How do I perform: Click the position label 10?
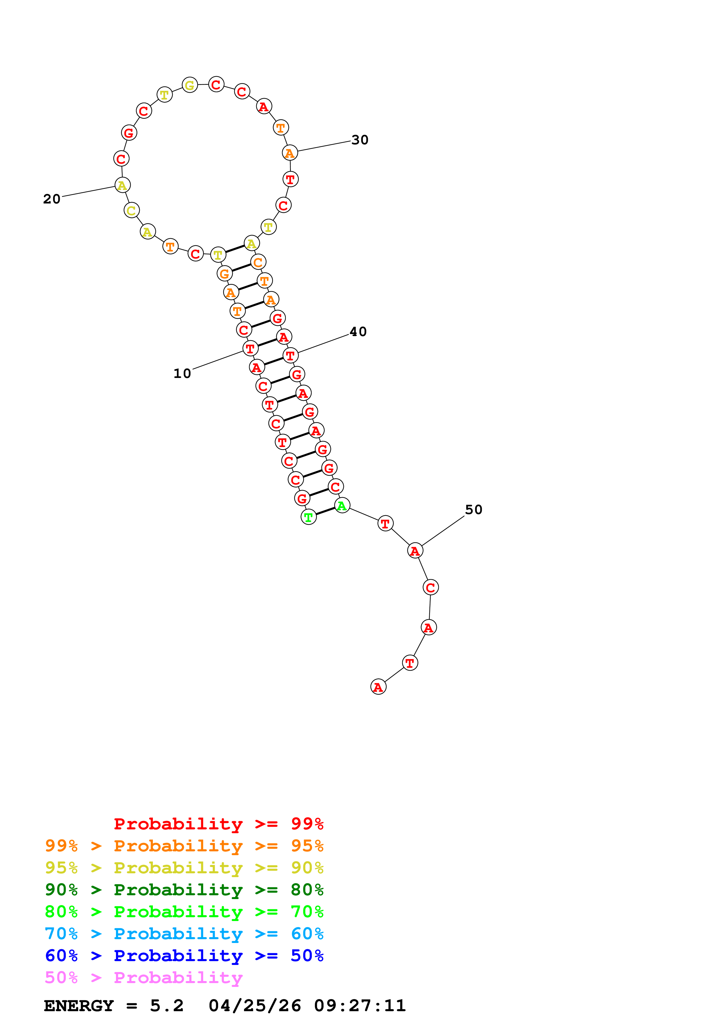(x=182, y=374)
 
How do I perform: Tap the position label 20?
(x=52, y=199)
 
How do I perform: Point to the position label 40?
(x=358, y=332)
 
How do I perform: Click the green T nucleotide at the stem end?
(x=308, y=518)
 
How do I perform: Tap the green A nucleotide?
(x=342, y=506)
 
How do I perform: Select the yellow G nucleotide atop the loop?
(x=190, y=85)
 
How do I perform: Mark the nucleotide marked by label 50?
(x=415, y=551)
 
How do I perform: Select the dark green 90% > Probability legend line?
(x=184, y=890)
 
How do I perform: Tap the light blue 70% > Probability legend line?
(x=184, y=934)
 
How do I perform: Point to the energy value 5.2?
(x=166, y=1006)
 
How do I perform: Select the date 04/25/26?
(x=254, y=1006)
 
